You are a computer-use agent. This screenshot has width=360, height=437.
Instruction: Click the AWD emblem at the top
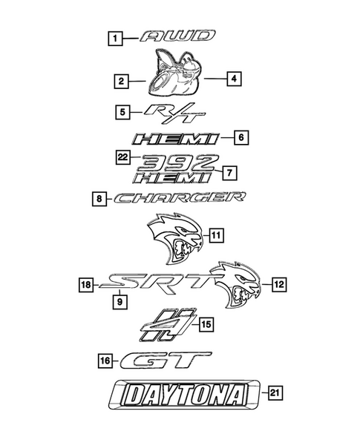(179, 36)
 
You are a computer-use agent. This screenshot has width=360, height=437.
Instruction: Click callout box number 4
(232, 76)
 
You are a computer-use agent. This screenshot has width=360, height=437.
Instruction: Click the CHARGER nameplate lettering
(180, 198)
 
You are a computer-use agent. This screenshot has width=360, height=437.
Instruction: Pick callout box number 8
(100, 198)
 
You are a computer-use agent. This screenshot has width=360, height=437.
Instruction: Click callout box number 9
(118, 302)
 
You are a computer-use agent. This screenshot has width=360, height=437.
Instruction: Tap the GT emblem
(166, 361)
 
